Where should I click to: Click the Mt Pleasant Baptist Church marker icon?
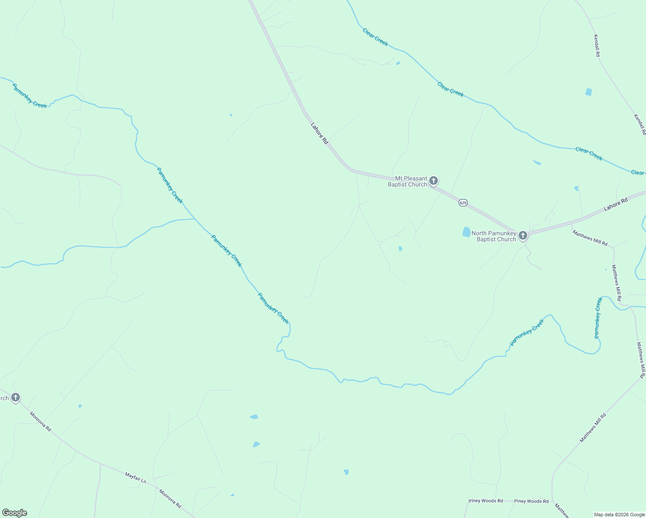pyautogui.click(x=434, y=181)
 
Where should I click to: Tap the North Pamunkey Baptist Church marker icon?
pyautogui.click(x=522, y=236)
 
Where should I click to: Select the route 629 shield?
pyautogui.click(x=463, y=202)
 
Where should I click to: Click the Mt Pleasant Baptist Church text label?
pyautogui.click(x=407, y=181)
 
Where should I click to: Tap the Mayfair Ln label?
pyautogui.click(x=136, y=477)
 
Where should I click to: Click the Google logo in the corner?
pyautogui.click(x=14, y=513)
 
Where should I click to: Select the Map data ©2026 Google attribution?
pyautogui.click(x=619, y=515)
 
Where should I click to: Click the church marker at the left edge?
pyautogui.click(x=16, y=398)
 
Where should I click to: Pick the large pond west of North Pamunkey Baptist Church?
pyautogui.click(x=466, y=232)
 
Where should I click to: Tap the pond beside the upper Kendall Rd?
pyautogui.click(x=588, y=92)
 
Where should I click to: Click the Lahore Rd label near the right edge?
pyautogui.click(x=615, y=205)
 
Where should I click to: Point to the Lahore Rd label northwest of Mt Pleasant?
pyautogui.click(x=320, y=133)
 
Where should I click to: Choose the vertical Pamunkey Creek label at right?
pyautogui.click(x=598, y=318)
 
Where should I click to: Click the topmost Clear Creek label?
pyautogui.click(x=375, y=37)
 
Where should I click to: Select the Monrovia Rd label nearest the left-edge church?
pyautogui.click(x=40, y=421)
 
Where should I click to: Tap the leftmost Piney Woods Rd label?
pyautogui.click(x=486, y=501)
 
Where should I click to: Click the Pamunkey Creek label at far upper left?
pyautogui.click(x=29, y=96)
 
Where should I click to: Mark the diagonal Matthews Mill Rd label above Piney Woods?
pyautogui.click(x=593, y=428)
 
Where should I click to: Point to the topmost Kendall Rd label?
pyautogui.click(x=597, y=46)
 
